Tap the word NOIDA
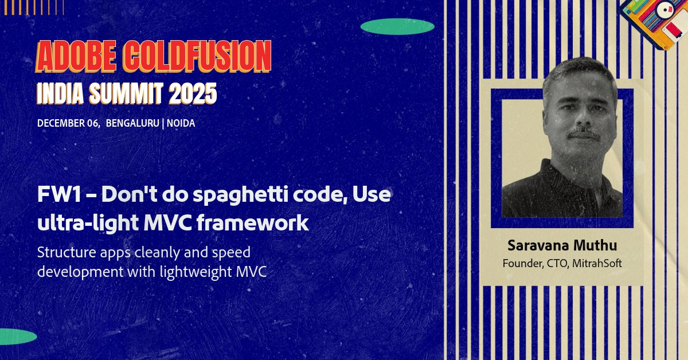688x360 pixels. click(x=181, y=123)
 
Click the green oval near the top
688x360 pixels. click(x=397, y=26)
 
